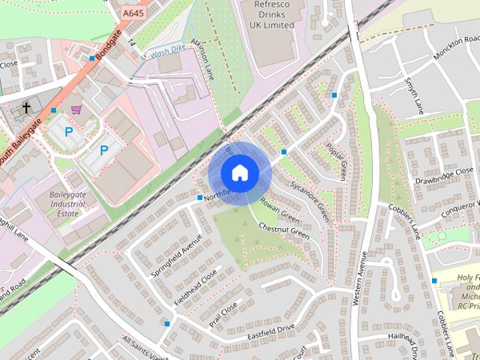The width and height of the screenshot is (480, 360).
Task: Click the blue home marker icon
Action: pos(239,172)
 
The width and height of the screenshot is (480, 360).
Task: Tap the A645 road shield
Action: pos(133,13)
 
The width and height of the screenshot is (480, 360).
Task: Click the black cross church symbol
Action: pos(26,108)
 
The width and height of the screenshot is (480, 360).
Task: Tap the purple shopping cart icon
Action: pos(76,109)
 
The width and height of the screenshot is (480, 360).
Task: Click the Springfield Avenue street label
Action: pos(177,255)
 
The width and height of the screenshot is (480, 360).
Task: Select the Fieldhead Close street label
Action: pos(196,286)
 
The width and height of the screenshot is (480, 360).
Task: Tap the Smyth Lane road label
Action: pos(415,96)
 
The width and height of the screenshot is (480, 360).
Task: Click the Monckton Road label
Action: pos(456,47)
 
